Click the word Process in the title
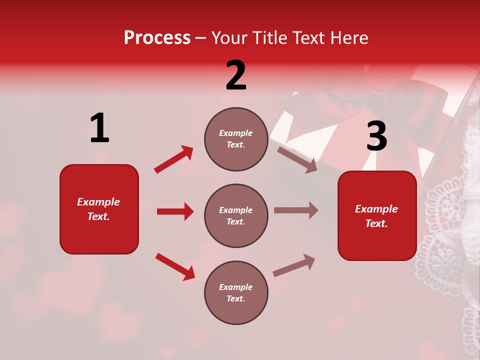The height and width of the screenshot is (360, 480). point(157,37)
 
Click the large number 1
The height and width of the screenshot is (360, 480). point(99,128)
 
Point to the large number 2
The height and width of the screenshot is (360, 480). point(236,75)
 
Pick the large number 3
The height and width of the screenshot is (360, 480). point(376,136)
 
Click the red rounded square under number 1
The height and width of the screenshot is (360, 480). point(99,209)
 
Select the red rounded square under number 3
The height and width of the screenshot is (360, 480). point(377,215)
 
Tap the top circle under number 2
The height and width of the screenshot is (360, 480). point(236,139)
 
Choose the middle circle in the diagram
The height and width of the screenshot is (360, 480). point(236,215)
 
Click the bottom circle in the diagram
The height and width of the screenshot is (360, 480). point(236,292)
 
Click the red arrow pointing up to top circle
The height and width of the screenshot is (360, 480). point(173,159)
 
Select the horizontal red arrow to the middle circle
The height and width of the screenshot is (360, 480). point(175,211)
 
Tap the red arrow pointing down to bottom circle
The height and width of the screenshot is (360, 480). point(175,266)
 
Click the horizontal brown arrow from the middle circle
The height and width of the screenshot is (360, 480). point(296,210)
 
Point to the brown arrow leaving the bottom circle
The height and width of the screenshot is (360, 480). point(294,265)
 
